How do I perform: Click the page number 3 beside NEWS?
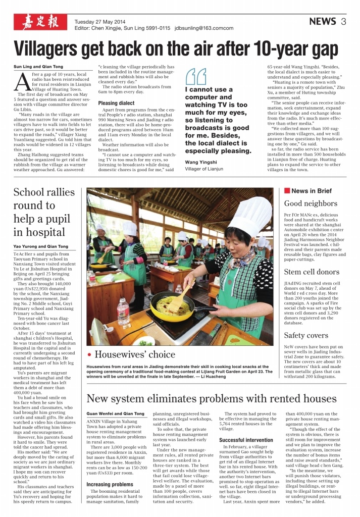(343, 21)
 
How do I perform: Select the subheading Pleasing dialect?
(117, 103)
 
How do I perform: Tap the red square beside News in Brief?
(287, 191)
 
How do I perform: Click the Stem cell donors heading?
(312, 272)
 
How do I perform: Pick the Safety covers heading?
(306, 335)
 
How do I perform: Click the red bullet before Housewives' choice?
(89, 355)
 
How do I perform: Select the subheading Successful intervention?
(246, 440)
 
